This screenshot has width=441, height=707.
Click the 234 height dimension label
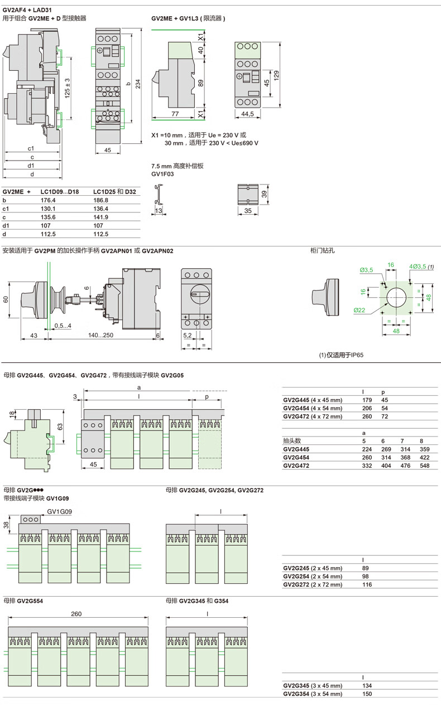[x=138, y=84]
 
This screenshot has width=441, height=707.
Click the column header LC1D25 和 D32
[x=114, y=191]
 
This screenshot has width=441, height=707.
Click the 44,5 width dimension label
[x=248, y=113]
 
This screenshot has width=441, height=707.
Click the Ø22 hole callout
[x=359, y=309]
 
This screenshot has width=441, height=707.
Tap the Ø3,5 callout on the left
[x=366, y=270]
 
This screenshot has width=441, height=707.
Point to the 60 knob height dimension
[x=6, y=299]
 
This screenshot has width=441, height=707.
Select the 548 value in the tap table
[x=425, y=465]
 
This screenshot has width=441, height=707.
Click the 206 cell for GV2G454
[x=367, y=408]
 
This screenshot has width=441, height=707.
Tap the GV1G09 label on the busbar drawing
[x=59, y=511]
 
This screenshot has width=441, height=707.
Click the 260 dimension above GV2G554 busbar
[x=76, y=614]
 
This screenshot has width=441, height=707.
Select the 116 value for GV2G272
[x=367, y=584]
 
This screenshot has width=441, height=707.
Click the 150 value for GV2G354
[x=367, y=694]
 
